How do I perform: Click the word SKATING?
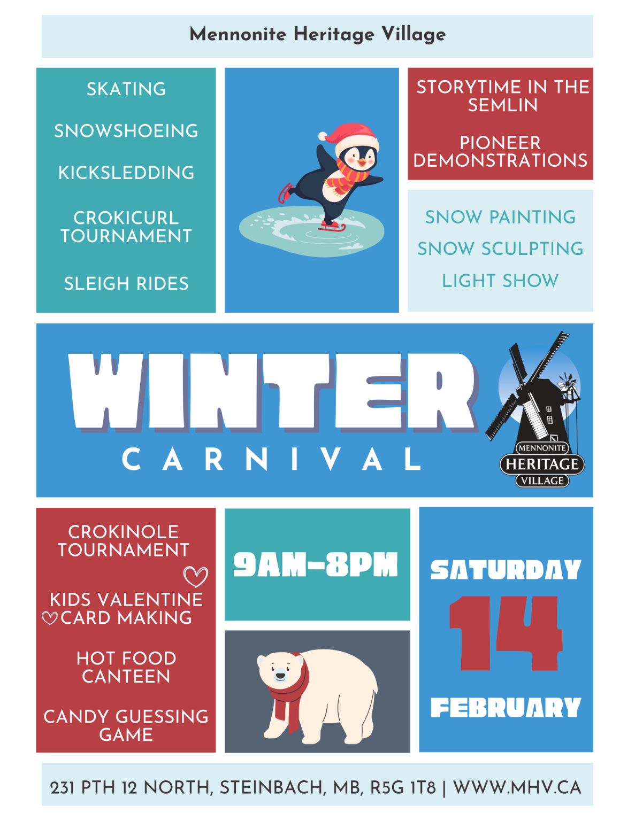(x=126, y=89)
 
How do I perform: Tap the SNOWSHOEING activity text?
(x=126, y=131)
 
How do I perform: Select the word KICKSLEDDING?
(x=126, y=173)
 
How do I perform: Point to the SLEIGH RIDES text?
(x=126, y=283)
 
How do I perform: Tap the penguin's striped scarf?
(x=346, y=176)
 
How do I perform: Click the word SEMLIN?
(x=502, y=105)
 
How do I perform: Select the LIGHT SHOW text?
(x=500, y=281)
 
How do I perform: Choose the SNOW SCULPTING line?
(x=500, y=249)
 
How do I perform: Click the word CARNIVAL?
(x=272, y=459)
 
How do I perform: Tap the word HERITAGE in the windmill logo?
(x=542, y=464)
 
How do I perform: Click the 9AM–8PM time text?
(x=316, y=564)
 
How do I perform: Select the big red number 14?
(x=506, y=633)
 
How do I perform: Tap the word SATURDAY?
(x=506, y=570)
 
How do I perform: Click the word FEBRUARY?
(x=506, y=708)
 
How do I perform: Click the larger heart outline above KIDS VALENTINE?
(x=195, y=576)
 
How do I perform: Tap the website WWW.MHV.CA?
(x=517, y=787)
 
